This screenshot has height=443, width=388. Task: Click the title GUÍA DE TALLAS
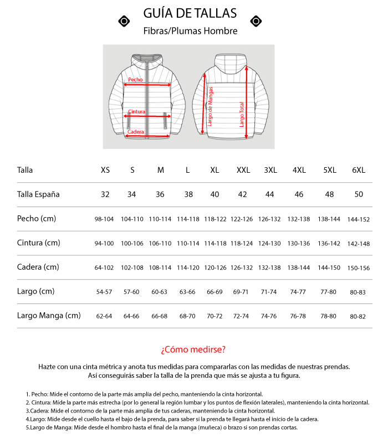pos(190,13)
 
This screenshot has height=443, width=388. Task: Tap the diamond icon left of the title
pos(125,21)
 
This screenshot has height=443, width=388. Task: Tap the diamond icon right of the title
pos(256,21)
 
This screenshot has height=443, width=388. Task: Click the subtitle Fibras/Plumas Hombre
pos(190,31)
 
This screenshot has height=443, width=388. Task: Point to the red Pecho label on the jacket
pos(135,80)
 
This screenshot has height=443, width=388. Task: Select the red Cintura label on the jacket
pos(136,111)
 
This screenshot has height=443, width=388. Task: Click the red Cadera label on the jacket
pos(136,132)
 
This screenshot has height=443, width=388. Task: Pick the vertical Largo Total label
pos(242,114)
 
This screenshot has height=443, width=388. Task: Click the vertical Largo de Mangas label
pos(210,106)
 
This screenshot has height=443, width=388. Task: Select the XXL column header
pos(243,170)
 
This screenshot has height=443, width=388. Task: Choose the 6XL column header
pos(358,170)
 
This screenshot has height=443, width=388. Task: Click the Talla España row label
pos(38,194)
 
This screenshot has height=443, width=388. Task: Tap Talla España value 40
pos(215,194)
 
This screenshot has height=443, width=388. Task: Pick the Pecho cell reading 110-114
pos(160,219)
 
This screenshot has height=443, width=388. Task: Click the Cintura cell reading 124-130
pos(270,244)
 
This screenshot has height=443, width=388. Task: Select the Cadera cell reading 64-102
pos(104,268)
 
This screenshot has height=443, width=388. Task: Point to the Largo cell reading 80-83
pos(358,292)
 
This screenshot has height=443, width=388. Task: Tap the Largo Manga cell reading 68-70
pos(187,316)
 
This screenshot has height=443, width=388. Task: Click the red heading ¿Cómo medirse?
pos(193,349)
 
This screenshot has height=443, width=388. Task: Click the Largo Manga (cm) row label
pos(49,316)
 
